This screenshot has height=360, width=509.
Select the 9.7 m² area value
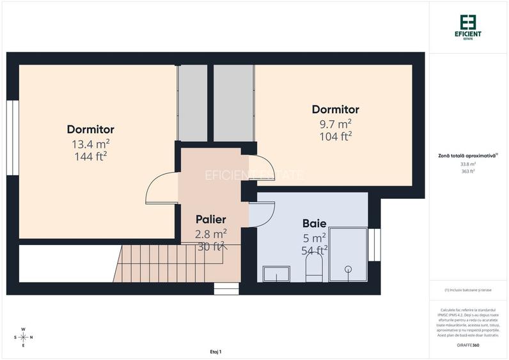335,123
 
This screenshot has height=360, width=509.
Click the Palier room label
210,219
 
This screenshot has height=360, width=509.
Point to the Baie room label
314,224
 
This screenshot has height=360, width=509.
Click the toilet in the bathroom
314,269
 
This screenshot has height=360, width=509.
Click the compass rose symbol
24,337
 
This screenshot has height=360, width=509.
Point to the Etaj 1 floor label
215,352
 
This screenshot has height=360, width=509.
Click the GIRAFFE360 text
468,345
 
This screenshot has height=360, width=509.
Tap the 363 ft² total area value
468,171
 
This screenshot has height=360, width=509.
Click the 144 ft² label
90,155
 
